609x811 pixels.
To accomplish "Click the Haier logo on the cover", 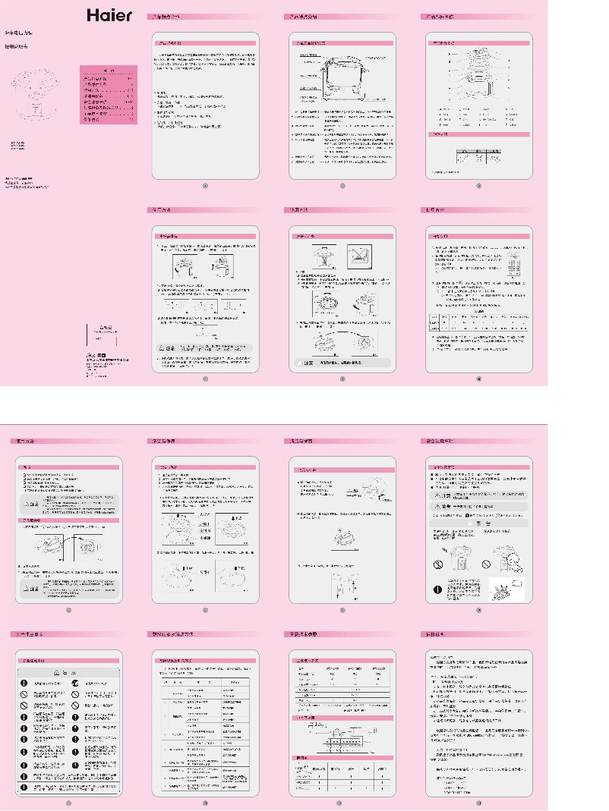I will [109, 15].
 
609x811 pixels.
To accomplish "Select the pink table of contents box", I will [109, 96].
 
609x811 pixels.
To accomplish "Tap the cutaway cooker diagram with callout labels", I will [342, 77].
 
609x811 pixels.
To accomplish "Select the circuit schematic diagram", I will [342, 734].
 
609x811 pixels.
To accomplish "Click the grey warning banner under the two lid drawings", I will [342, 364].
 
